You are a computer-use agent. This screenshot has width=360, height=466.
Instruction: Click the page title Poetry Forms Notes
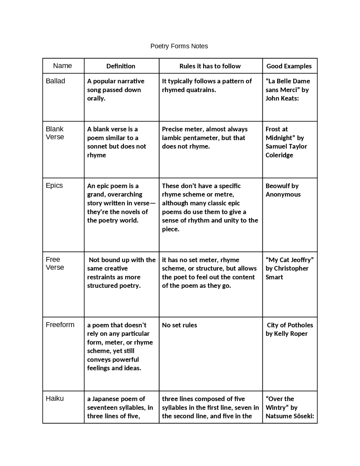[179, 46]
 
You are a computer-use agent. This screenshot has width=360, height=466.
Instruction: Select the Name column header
[62, 66]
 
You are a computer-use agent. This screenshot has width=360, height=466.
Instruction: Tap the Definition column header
[121, 66]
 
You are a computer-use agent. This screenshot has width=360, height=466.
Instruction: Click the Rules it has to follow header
[210, 66]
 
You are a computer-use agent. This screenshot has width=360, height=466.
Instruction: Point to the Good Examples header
[289, 66]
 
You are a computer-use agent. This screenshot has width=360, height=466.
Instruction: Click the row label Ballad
[55, 81]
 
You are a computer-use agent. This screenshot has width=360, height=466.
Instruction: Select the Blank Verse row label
[55, 133]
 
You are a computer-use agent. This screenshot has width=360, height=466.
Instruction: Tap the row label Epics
[54, 185]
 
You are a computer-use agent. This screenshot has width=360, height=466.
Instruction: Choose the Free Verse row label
[55, 263]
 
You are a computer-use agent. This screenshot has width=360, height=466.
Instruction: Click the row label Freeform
[60, 325]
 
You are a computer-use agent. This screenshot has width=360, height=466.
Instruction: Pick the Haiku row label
[55, 398]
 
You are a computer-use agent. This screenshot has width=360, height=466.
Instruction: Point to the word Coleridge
[279, 155]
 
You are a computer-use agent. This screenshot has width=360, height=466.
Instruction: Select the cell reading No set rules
[179, 325]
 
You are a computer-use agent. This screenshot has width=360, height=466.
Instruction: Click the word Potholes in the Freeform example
[301, 325]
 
